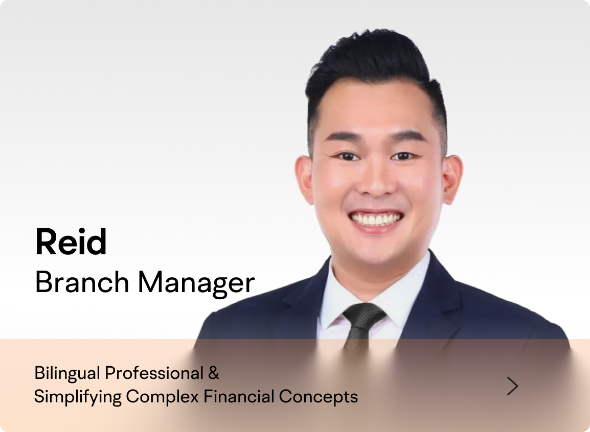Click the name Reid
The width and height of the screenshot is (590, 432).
coord(71,242)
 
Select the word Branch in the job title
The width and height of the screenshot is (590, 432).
coord(82,282)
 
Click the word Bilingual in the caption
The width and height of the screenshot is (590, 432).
coord(67,373)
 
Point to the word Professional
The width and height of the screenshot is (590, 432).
coord(154,373)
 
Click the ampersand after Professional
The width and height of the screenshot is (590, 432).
coord(213,373)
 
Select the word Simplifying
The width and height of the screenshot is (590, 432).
coord(78,397)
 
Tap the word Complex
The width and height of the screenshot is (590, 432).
coord(162,397)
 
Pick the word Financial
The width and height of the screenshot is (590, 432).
coord(239,396)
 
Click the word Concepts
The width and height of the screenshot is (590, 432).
coord(319,397)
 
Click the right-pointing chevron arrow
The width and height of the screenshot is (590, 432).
coord(512,386)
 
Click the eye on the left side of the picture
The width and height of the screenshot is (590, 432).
coord(347,156)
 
